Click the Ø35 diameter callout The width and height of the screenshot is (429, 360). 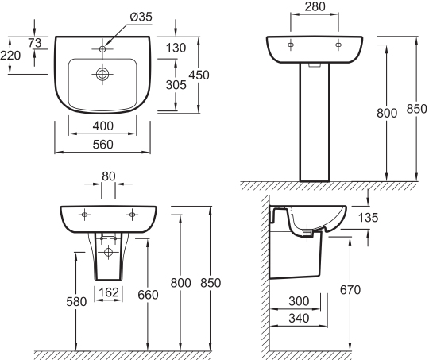pos(141,17)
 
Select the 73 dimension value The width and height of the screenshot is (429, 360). pos(35,43)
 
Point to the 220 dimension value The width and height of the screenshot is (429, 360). pos(10,56)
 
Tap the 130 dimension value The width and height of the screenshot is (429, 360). pos(176,48)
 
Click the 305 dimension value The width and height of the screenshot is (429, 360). pos(176,85)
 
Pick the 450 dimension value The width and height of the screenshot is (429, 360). pos(199,75)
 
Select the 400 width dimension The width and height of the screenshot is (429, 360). pos(102,126)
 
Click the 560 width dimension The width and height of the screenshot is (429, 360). pos(102,145)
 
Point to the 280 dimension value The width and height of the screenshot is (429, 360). pos(315,7)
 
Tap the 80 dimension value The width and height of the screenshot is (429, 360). pos(109,176)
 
